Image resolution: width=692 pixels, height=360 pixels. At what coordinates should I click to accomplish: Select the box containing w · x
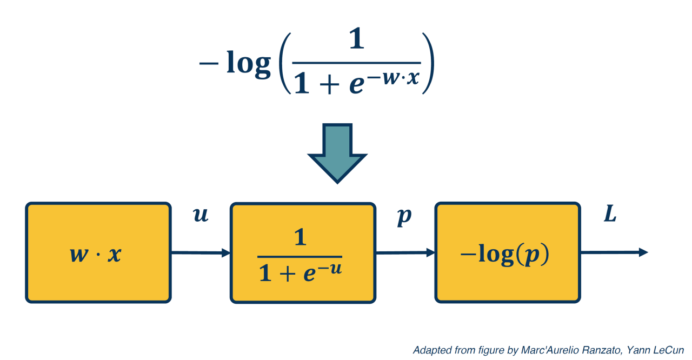pyautogui.click(x=98, y=252)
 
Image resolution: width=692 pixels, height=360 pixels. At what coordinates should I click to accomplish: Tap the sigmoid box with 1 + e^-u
pyautogui.click(x=303, y=252)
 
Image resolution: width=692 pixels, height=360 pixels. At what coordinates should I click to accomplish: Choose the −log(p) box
pyautogui.click(x=508, y=252)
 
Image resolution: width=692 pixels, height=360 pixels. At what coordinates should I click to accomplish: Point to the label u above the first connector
pyautogui.click(x=201, y=216)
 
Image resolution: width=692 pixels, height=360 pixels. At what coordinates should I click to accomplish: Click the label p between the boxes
pyautogui.click(x=404, y=216)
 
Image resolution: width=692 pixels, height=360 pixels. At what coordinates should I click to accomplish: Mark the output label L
pyautogui.click(x=610, y=215)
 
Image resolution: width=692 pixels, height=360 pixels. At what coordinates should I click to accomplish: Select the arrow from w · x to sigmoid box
pyautogui.click(x=201, y=252)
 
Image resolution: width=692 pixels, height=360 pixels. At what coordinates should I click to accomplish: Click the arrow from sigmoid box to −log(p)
pyautogui.click(x=405, y=252)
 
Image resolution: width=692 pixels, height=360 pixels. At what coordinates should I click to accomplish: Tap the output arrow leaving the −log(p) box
pyautogui.click(x=614, y=252)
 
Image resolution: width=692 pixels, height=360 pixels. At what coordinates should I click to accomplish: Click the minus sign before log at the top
pyautogui.click(x=209, y=63)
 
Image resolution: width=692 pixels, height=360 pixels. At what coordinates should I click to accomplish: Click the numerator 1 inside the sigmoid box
pyautogui.click(x=300, y=237)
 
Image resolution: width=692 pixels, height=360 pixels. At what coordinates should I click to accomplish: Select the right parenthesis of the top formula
pyautogui.click(x=428, y=63)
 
